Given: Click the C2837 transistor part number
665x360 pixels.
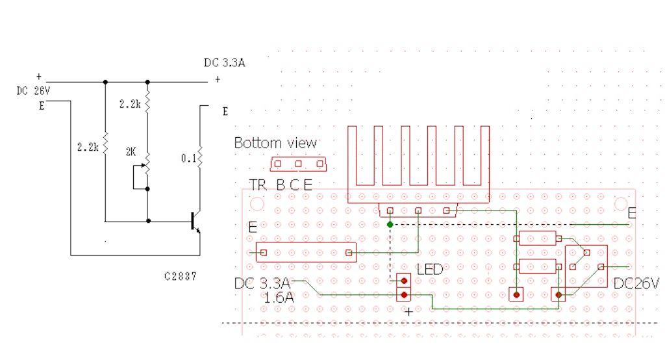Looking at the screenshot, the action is coord(181,276).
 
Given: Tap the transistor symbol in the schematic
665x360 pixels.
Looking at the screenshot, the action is coord(195,222).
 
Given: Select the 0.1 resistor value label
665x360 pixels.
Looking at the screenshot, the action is coord(189,159).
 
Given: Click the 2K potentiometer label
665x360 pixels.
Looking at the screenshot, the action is coord(131,151).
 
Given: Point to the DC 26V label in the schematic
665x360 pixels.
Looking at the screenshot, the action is coord(33,91).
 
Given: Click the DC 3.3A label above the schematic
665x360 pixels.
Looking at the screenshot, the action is coord(224,63).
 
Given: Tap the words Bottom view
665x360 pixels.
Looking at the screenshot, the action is coord(275,143).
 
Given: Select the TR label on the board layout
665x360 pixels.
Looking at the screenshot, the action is coord(258,185).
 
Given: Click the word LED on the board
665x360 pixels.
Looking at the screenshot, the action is coord(430,269).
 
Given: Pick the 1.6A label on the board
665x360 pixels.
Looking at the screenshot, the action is coord(279,298).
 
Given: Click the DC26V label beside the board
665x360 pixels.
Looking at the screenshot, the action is coord(636,283).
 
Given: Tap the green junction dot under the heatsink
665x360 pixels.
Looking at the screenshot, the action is coord(390,225).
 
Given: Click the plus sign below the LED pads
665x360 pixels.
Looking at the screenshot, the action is coord(408,312).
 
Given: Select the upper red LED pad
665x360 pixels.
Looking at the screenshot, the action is coord(404,281).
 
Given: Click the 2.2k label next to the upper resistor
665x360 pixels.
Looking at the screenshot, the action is coord(130,104).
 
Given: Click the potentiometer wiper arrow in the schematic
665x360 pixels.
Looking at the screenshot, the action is coord(144,165).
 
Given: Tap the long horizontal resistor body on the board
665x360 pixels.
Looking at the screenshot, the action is coord(307,253).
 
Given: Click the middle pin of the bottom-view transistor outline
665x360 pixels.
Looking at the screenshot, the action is coord(299,164).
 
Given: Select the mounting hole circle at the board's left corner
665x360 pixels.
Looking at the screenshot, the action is coord(257,204).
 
